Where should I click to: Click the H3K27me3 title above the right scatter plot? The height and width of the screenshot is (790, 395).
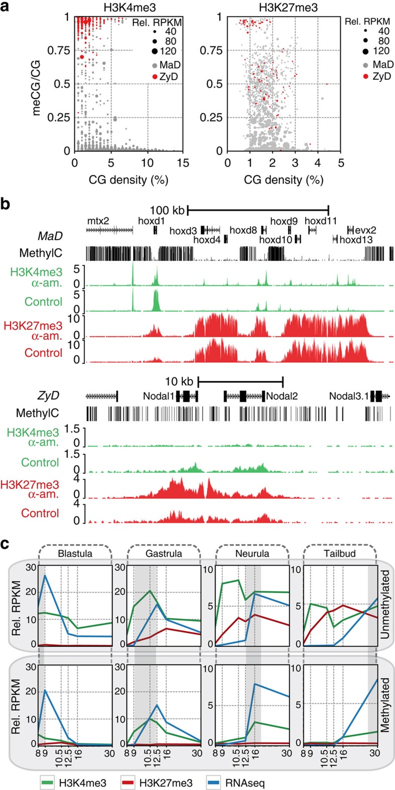pyautogui.click(x=284, y=7)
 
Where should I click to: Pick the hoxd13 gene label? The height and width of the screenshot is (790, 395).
pyautogui.click(x=356, y=239)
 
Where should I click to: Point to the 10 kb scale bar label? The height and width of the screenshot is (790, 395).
pyautogui.click(x=181, y=379)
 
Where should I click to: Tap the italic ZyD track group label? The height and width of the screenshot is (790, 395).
pyautogui.click(x=49, y=396)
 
